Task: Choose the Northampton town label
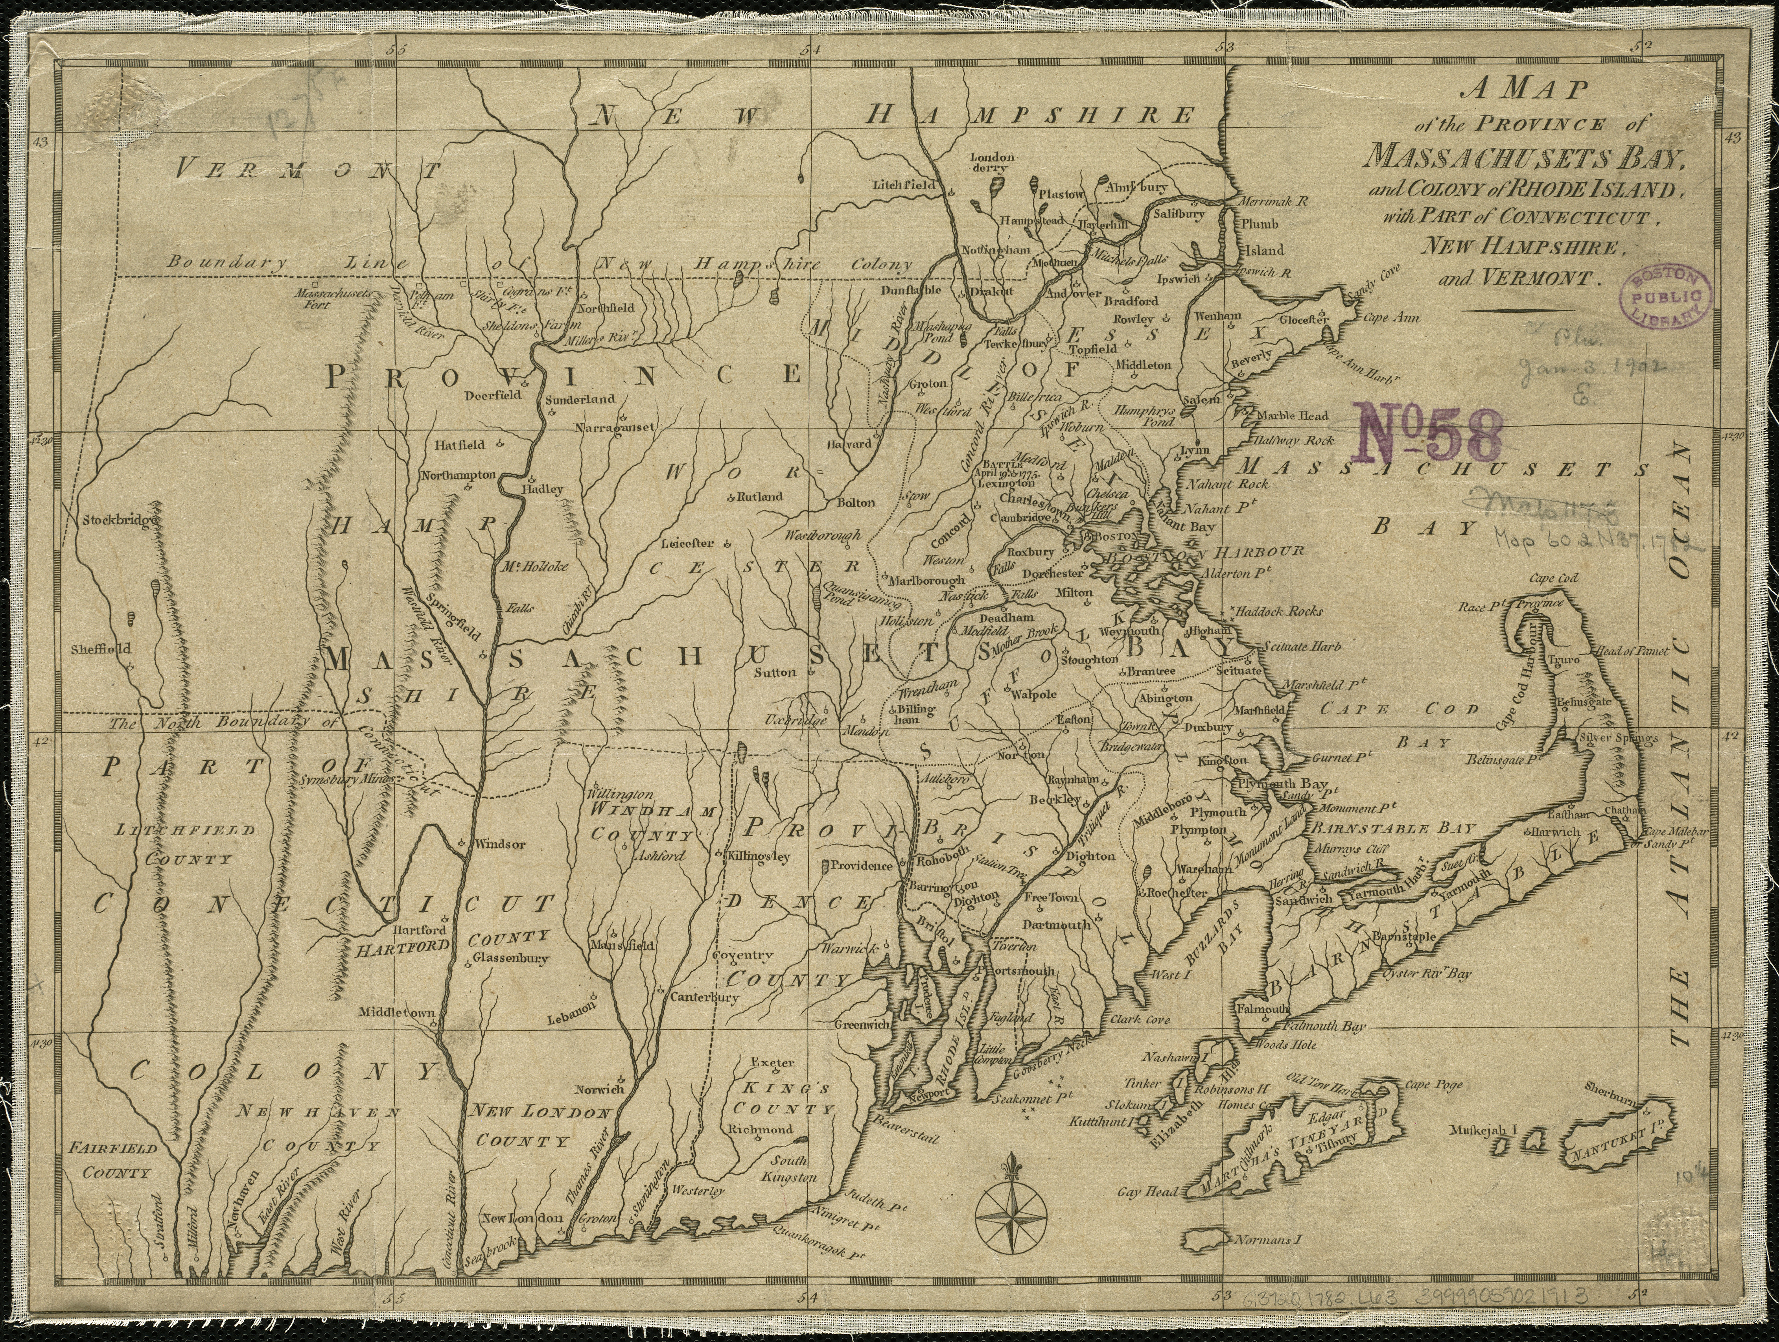(x=459, y=476)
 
